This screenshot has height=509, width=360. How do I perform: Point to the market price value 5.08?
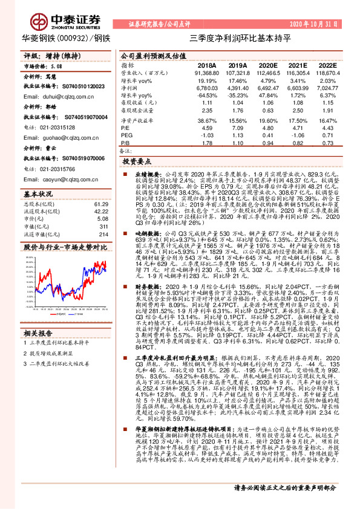[x=57, y=65]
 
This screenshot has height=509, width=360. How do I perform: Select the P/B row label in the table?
[x=125, y=143]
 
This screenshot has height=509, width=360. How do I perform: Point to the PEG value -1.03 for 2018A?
[x=208, y=135]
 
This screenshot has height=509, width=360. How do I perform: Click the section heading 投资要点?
[x=136, y=163]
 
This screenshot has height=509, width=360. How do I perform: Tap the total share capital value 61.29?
[x=100, y=204]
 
